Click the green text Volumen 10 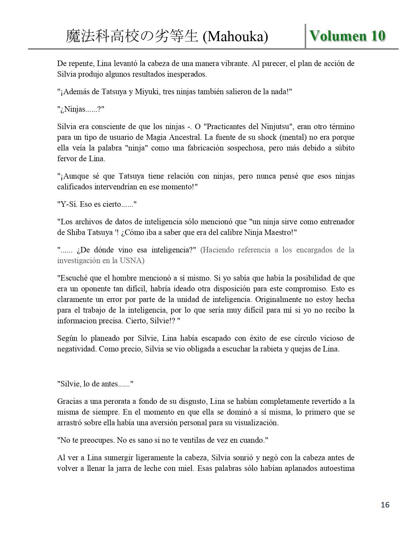click(x=347, y=36)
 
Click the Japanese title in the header click(x=132, y=37)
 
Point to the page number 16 click(x=385, y=505)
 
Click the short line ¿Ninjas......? click(x=81, y=109)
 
